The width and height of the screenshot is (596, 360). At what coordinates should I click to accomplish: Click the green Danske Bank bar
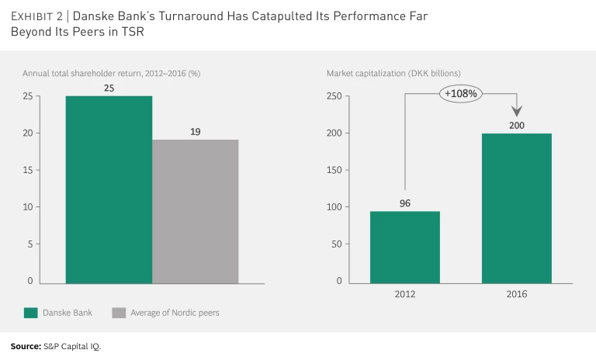(109, 189)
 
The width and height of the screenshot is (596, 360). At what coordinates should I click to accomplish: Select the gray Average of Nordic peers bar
(195, 211)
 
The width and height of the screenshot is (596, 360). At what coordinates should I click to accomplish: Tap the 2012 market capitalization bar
(405, 247)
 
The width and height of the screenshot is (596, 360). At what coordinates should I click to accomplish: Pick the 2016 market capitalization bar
(517, 208)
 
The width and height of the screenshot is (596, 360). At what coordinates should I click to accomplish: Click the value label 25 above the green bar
(109, 88)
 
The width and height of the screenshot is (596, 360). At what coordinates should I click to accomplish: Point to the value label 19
(195, 132)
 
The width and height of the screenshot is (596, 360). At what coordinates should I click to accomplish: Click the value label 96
(405, 203)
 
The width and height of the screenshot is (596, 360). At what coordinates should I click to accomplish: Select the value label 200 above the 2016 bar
(517, 125)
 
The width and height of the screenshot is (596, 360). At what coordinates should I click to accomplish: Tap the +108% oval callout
(461, 94)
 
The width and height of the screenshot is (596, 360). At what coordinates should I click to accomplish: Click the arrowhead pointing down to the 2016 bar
(517, 112)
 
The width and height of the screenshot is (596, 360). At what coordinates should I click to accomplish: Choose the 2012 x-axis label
(405, 296)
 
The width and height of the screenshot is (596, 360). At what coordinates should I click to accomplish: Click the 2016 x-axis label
(517, 296)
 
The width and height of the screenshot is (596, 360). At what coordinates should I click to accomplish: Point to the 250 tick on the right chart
(334, 96)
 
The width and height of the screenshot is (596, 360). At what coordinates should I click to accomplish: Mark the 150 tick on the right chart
(334, 170)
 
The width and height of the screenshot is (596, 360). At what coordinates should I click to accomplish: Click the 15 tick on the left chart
(27, 170)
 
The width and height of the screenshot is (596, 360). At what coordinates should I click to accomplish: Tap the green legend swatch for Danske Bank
(31, 313)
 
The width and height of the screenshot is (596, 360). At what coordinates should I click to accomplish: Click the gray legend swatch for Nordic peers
(119, 313)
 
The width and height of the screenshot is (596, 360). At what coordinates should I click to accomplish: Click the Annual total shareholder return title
(111, 74)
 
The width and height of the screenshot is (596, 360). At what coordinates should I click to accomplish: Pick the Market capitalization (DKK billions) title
(393, 74)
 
